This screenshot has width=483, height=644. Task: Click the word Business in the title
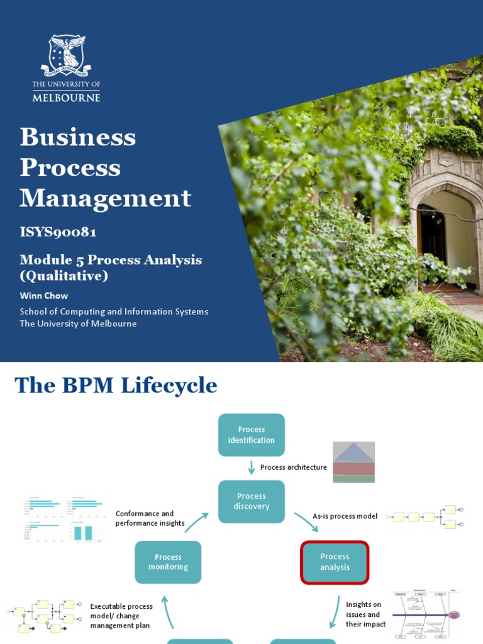(x=77, y=137)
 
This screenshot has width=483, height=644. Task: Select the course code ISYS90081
(x=58, y=232)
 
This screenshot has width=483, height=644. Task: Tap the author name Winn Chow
(x=43, y=296)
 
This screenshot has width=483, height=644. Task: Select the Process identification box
(x=251, y=435)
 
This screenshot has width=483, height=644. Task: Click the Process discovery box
(x=251, y=501)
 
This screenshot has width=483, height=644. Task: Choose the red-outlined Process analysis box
(x=335, y=562)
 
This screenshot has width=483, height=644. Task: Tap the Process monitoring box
(x=168, y=562)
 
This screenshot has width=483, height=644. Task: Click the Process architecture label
(x=293, y=467)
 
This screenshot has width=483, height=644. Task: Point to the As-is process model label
(x=345, y=516)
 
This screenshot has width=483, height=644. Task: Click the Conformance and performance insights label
(x=150, y=518)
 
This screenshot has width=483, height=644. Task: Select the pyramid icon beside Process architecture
(x=353, y=462)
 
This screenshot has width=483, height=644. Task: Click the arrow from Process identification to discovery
(x=252, y=467)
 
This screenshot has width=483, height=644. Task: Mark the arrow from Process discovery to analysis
(x=306, y=521)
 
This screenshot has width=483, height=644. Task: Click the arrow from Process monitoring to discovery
(x=196, y=523)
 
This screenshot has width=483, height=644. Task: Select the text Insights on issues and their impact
(x=365, y=614)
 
